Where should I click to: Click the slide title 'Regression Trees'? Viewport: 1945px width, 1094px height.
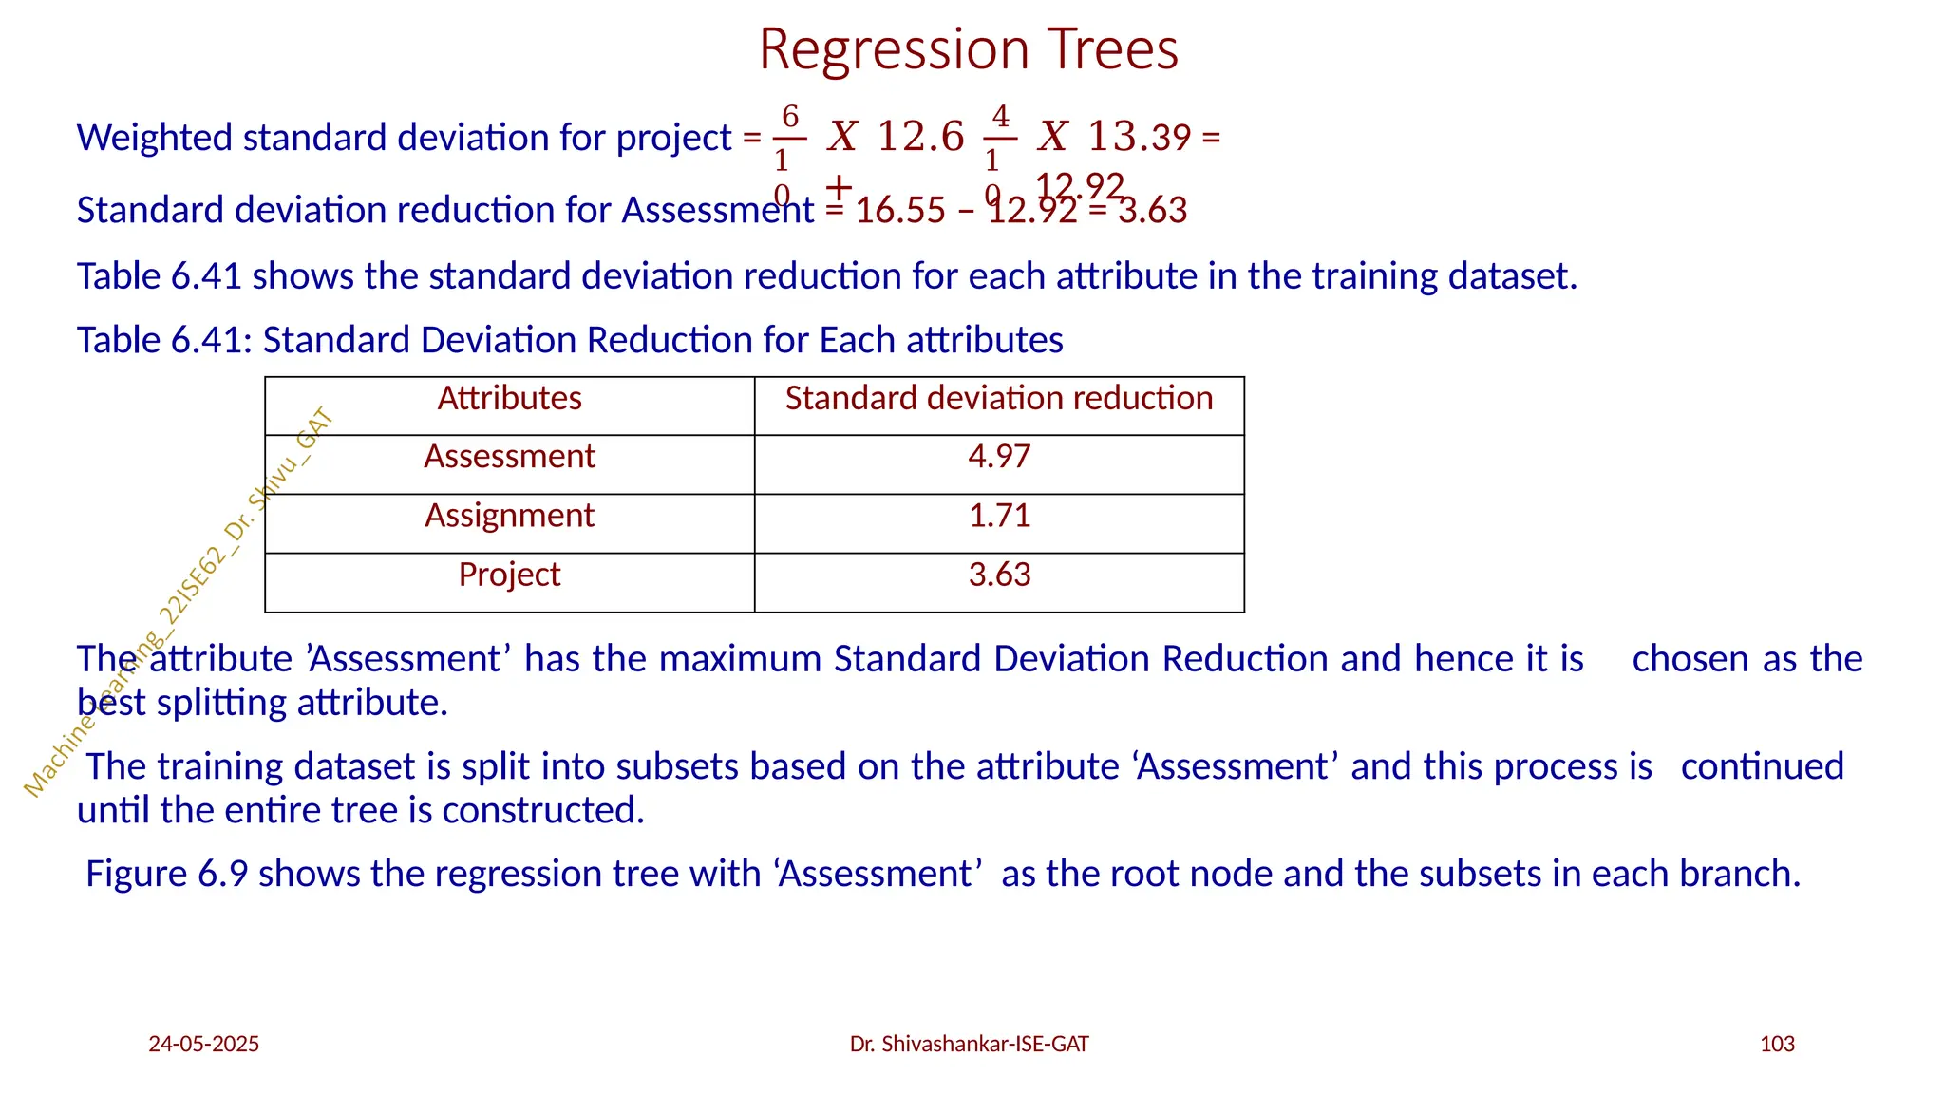click(968, 49)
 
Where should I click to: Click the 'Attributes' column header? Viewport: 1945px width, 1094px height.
click(509, 398)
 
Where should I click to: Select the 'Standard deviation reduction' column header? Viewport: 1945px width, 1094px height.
click(998, 398)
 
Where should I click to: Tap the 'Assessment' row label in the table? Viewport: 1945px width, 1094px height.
click(509, 457)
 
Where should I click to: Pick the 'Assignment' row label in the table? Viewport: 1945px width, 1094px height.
click(509, 516)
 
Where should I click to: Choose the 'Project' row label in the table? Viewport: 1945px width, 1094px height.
click(509, 575)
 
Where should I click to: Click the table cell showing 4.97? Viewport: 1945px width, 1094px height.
click(999, 457)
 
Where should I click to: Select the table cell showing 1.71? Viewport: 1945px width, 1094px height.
click(999, 516)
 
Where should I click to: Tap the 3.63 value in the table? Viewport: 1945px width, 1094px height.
click(999, 575)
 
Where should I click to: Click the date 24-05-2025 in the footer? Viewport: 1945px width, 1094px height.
click(203, 1045)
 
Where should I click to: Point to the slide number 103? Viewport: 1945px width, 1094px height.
click(1777, 1045)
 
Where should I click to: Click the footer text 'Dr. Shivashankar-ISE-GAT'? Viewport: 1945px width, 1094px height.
click(969, 1045)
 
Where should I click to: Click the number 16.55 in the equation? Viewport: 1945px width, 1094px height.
click(900, 211)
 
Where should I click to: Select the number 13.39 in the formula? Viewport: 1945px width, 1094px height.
click(1139, 137)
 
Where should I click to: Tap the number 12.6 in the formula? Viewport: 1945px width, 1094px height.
click(919, 137)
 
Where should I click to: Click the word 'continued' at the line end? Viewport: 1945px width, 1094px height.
click(1762, 766)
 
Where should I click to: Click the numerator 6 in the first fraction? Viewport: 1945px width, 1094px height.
click(790, 117)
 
